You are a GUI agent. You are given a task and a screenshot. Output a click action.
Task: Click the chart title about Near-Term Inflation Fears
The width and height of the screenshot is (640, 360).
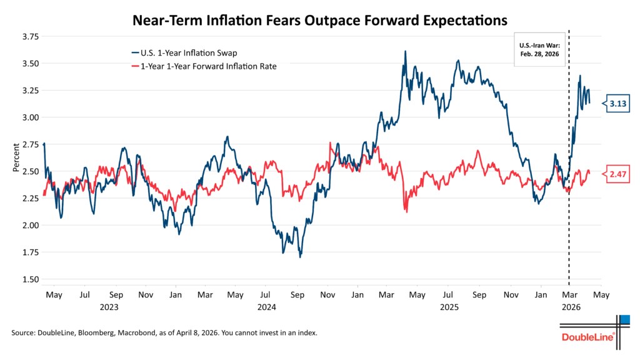coord(319,20)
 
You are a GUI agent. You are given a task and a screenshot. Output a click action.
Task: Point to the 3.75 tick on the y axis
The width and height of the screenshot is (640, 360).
coord(30,37)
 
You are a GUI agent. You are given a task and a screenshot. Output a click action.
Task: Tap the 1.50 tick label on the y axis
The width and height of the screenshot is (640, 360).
coord(30,279)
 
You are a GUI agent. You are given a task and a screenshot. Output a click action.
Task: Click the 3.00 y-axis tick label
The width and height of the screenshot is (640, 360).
coord(30,117)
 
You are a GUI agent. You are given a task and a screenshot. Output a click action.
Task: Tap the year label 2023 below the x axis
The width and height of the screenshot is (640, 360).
coord(109,307)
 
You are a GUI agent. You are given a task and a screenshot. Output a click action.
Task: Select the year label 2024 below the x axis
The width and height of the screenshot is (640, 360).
coord(267,307)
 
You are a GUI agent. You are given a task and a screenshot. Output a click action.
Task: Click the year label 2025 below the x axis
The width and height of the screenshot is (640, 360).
coord(449,307)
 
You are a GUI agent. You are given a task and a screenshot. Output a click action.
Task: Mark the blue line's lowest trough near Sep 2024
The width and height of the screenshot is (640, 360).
coord(300,256)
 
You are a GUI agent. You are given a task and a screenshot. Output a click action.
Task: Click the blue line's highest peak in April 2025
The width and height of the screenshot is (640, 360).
coord(405,52)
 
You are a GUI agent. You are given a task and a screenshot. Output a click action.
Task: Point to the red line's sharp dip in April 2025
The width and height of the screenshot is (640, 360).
coord(406,211)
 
